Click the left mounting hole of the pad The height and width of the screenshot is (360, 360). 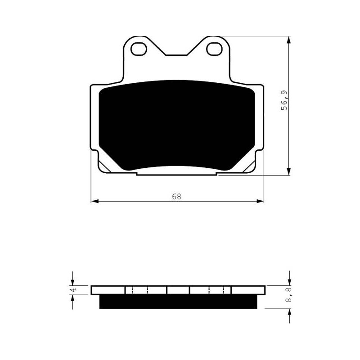139,49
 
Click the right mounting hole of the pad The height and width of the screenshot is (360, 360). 215,49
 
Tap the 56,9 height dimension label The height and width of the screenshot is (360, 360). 284,100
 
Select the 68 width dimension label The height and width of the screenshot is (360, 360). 176,197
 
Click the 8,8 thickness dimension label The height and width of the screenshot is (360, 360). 289,295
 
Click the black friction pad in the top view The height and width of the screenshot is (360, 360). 177,126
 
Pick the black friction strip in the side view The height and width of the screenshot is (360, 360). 178,301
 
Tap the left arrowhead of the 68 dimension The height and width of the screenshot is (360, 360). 95,201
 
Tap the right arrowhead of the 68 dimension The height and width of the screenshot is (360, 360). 260,201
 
